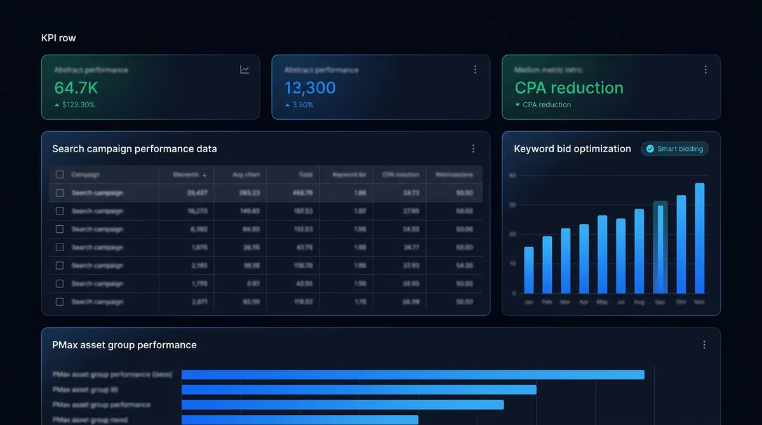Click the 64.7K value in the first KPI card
[76, 88]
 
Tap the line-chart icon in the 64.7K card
[244, 70]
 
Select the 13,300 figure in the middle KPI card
[310, 88]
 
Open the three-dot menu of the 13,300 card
[475, 70]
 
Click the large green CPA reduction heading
[568, 88]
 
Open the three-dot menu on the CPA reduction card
[705, 70]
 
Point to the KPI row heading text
[58, 38]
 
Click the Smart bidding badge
[674, 149]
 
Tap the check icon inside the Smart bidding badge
[650, 149]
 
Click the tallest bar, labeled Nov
[700, 239]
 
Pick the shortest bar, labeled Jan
[528, 270]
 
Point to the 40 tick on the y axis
[512, 176]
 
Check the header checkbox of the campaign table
[60, 174]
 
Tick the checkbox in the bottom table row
[60, 302]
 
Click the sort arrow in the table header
[204, 174]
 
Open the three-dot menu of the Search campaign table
[473, 149]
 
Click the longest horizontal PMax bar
[413, 375]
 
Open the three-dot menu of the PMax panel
[704, 345]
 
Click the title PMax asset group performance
[124, 345]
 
